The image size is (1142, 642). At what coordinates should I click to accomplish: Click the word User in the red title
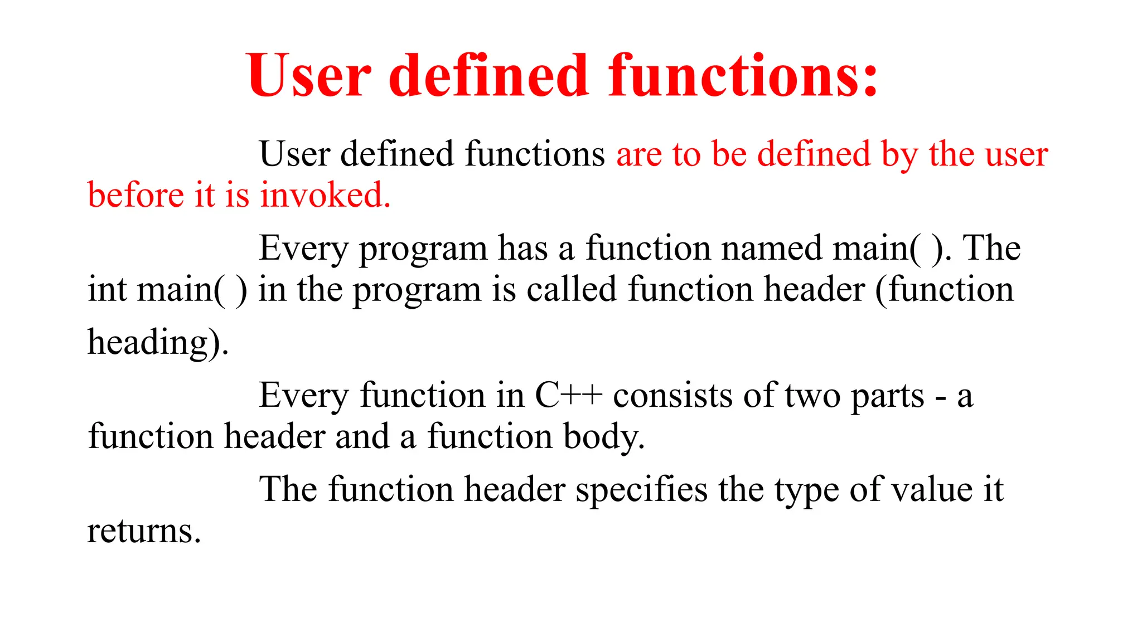click(x=308, y=76)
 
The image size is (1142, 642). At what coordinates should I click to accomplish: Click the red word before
click(x=136, y=196)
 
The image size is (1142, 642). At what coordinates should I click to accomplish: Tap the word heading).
click(x=158, y=342)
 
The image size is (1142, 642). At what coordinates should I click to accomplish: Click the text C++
click(x=569, y=396)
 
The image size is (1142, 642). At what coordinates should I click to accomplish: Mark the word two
click(x=812, y=396)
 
